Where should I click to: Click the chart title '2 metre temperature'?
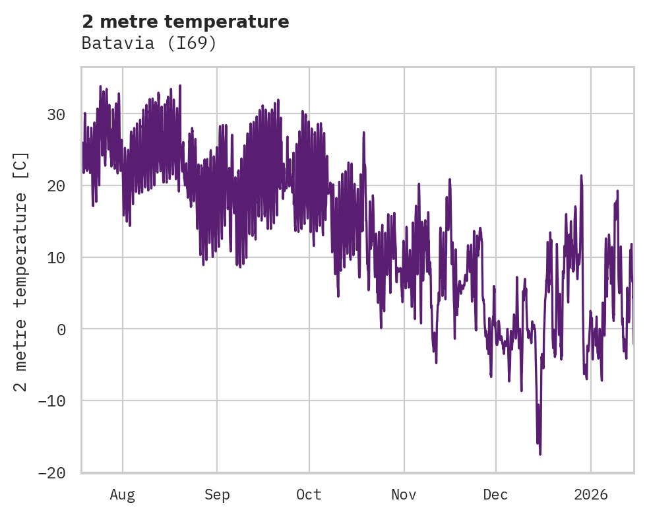click(x=185, y=22)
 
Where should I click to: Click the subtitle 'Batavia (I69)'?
click(x=149, y=43)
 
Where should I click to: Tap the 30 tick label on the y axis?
click(x=56, y=115)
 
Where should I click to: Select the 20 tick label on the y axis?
click(x=56, y=186)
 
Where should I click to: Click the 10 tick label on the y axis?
click(x=56, y=257)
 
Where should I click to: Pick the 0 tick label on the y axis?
click(x=61, y=329)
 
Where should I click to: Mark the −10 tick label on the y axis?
click(x=51, y=401)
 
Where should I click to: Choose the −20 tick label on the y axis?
click(x=51, y=472)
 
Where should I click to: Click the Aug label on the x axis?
click(x=123, y=495)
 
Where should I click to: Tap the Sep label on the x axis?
click(x=217, y=495)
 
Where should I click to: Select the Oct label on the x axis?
click(x=309, y=495)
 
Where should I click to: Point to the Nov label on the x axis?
click(x=404, y=495)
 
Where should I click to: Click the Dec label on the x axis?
click(x=495, y=495)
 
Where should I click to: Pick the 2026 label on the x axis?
click(x=590, y=495)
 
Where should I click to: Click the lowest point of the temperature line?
click(x=540, y=454)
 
